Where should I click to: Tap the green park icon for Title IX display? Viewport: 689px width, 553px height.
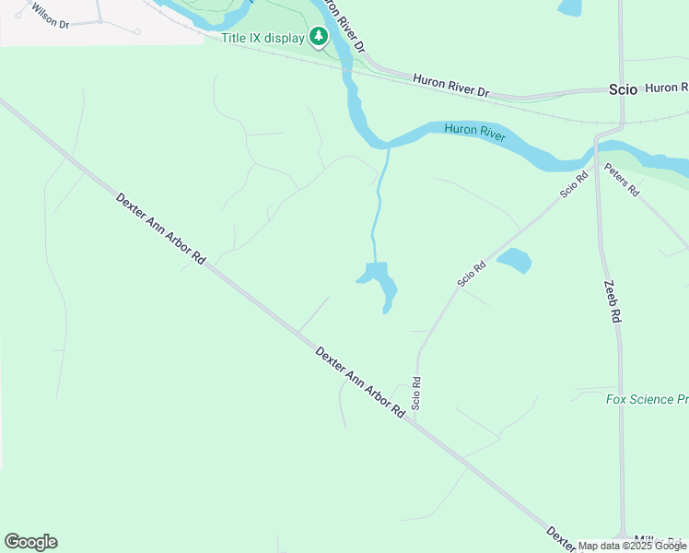click(319, 37)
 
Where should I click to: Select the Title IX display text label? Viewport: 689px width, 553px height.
click(263, 38)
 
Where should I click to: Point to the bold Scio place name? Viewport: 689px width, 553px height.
click(623, 89)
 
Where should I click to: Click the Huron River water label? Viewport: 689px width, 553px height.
click(475, 131)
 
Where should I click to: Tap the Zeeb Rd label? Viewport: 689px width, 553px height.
click(613, 301)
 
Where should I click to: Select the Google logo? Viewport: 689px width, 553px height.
click(30, 542)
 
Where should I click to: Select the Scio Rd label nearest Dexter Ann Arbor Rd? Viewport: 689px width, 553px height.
click(416, 394)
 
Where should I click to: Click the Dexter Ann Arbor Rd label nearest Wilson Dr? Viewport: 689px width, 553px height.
click(160, 229)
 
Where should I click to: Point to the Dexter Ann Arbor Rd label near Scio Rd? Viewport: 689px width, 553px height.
click(359, 382)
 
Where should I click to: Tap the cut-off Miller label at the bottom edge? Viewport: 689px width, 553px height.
click(656, 540)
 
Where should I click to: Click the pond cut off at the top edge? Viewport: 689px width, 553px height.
click(570, 7)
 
